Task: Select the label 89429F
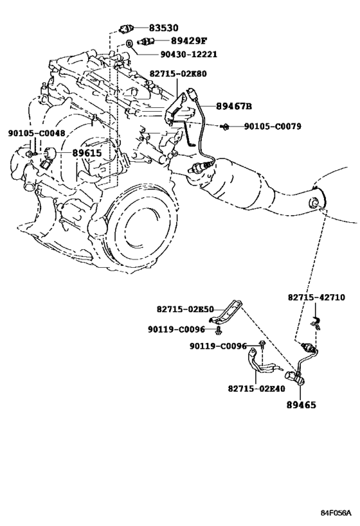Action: [188, 41]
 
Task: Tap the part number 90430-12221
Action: [189, 54]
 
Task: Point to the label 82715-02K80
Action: [178, 74]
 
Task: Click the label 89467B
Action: [234, 107]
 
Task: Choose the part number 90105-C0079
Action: [273, 127]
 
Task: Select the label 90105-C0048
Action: [37, 133]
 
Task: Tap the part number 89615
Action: [87, 153]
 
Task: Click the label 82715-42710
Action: [316, 297]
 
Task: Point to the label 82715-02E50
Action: [185, 309]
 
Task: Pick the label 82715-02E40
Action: [256, 389]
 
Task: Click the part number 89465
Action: [301, 405]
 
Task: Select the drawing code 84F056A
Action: [336, 513]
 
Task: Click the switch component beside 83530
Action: [127, 29]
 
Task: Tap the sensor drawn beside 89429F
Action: [146, 41]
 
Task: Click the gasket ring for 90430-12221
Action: [129, 44]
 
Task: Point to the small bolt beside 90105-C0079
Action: [224, 127]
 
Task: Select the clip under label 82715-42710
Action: [316, 322]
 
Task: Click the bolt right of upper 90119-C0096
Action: [218, 331]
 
